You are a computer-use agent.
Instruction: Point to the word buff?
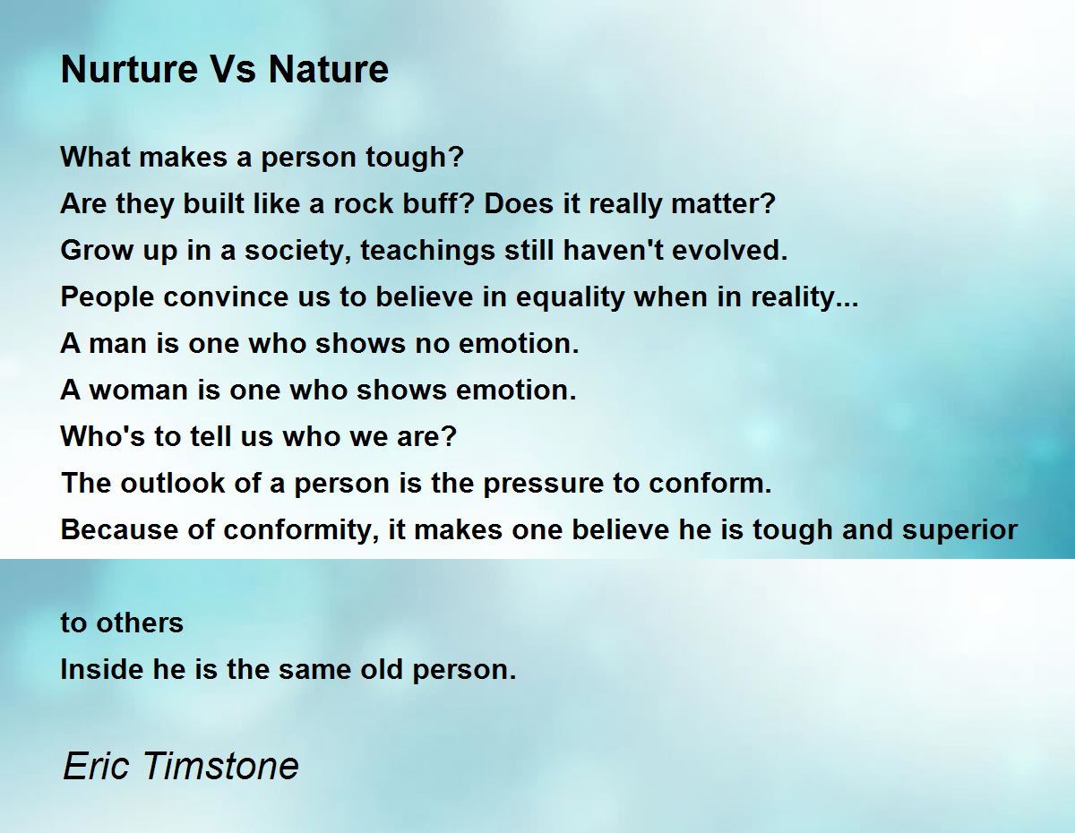441,203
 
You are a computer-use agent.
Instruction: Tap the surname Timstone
220,767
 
